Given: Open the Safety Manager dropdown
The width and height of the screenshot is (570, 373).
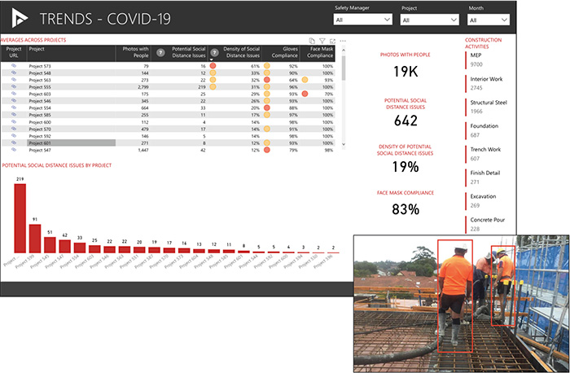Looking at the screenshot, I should tap(362, 20).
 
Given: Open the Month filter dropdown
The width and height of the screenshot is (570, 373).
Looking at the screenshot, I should tap(489, 20).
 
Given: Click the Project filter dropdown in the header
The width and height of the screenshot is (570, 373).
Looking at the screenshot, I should tap(431, 20).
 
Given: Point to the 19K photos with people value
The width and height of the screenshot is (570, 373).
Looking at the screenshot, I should tap(405, 72).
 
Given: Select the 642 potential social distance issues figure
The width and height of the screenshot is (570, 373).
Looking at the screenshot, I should tap(405, 120).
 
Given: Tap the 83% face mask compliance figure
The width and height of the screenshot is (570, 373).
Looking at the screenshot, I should tap(405, 209).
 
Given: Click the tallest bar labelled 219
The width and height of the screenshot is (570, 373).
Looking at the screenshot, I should tap(20, 218).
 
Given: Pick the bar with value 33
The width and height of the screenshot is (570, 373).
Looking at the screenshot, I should tap(80, 248).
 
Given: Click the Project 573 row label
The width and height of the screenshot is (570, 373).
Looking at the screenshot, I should tap(40, 65).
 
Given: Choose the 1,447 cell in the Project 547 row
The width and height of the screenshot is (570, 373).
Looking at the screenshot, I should tap(138, 150).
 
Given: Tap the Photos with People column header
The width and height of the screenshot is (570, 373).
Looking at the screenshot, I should tap(135, 52).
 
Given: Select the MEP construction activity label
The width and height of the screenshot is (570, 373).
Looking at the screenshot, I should tap(476, 55).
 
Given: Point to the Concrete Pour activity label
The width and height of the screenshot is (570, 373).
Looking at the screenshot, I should tap(488, 220).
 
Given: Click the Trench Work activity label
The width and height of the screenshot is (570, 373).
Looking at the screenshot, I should tap(486, 150).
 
